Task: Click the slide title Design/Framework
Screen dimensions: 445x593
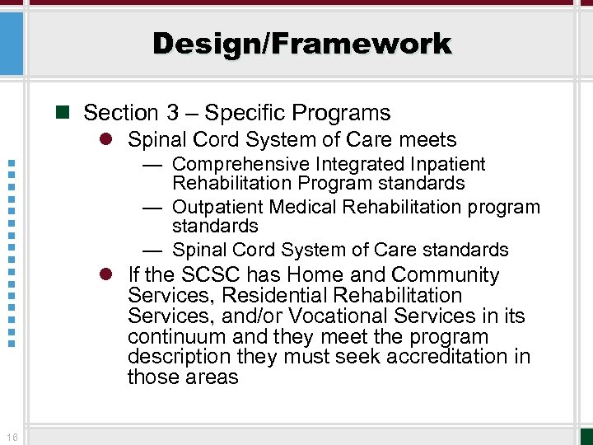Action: coord(301,44)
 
